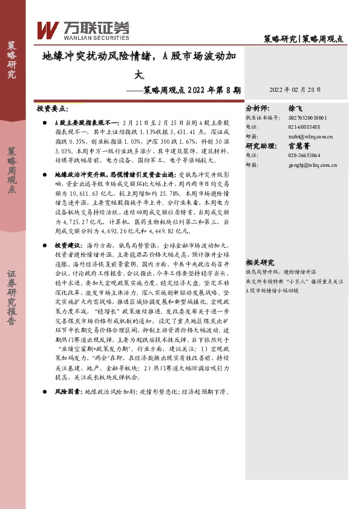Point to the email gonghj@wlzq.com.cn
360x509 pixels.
(x=313, y=164)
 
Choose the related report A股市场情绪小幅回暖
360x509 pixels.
(x=272, y=290)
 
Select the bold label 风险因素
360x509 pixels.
(x=67, y=392)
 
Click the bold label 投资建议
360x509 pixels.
(x=67, y=246)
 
